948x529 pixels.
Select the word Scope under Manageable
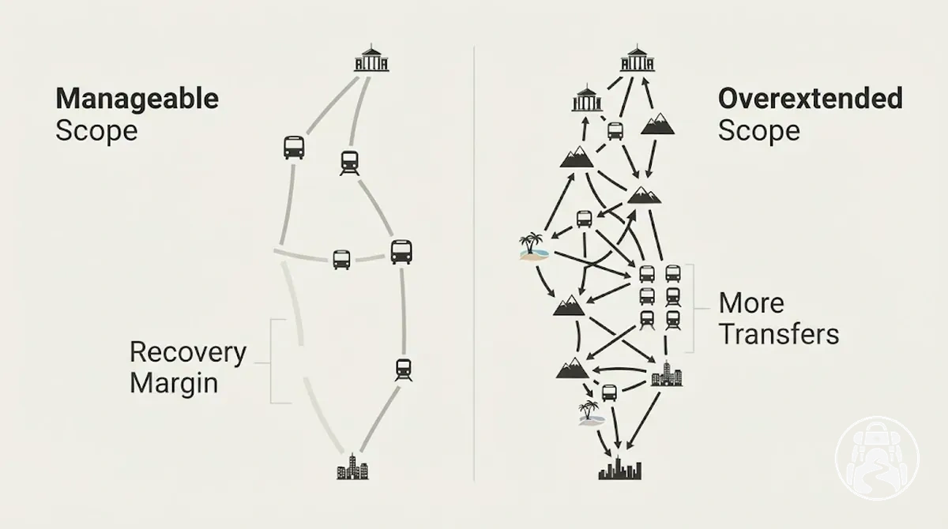pyautogui.click(x=96, y=131)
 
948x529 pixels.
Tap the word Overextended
pyautogui.click(x=811, y=98)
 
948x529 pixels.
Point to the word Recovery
pyautogui.click(x=188, y=353)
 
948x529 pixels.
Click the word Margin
pyautogui.click(x=174, y=383)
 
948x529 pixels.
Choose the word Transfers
pyautogui.click(x=779, y=335)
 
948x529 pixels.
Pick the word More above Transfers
pyautogui.click(x=751, y=303)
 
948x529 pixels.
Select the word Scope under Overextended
pyautogui.click(x=759, y=131)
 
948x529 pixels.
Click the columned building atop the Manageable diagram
pyautogui.click(x=371, y=58)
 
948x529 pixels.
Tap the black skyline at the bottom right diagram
pyautogui.click(x=620, y=468)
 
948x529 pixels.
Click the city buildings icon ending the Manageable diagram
pyautogui.click(x=352, y=467)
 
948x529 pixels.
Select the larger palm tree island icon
pyautogui.click(x=533, y=246)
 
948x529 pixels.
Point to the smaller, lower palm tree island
pyautogui.click(x=591, y=413)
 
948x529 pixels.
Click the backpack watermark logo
pyautogui.click(x=878, y=457)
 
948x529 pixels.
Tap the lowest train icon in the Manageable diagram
pyautogui.click(x=404, y=370)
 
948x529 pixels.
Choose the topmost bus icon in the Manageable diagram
pyautogui.click(x=294, y=148)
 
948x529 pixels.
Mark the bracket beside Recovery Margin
pyautogui.click(x=271, y=362)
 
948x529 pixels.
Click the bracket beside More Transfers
pyautogui.click(x=694, y=309)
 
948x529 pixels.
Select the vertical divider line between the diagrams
pyautogui.click(x=474, y=264)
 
